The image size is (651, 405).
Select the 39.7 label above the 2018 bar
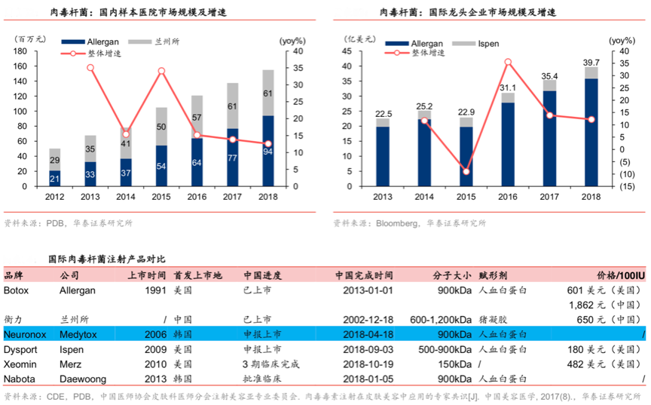(591, 62)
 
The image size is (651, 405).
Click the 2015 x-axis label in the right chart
(466, 198)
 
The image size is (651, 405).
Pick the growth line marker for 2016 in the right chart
(508, 62)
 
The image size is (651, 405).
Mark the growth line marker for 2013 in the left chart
(90, 67)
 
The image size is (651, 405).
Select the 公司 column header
(69, 275)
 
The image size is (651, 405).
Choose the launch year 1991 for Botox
(155, 290)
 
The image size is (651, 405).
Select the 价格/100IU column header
(621, 275)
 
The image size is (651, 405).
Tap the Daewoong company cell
(81, 378)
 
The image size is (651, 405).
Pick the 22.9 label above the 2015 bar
(466, 112)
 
